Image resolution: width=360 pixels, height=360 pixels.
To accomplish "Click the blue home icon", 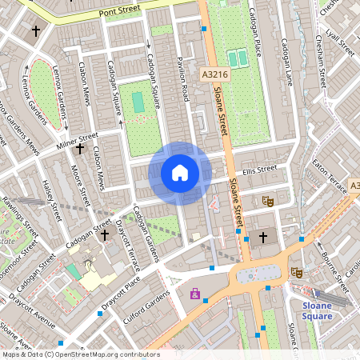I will tap(180, 173).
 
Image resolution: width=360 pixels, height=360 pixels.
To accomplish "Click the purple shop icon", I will tap(194, 294).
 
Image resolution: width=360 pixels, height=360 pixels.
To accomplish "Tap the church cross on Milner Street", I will tap(78, 149).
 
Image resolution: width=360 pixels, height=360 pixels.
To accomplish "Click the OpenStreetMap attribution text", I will tap(80, 354).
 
